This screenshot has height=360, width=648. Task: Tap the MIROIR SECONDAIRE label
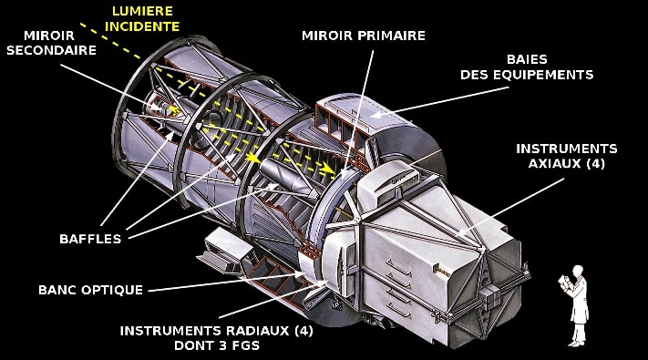(51, 42)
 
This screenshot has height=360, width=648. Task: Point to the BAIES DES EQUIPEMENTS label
(538, 67)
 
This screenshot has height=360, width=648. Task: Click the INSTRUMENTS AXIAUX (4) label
(566, 156)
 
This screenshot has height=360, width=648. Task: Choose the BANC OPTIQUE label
(91, 290)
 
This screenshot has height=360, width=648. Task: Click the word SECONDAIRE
(51, 50)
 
